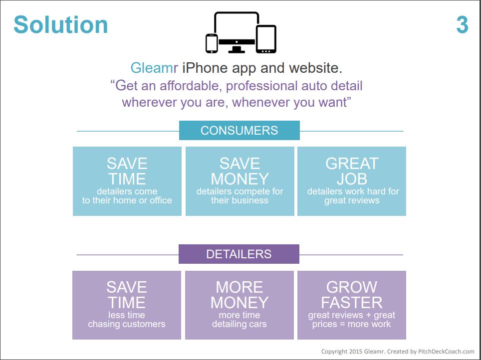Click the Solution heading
pos(61,24)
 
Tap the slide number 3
pos(462,25)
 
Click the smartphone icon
pos(212,43)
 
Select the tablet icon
pos(266,39)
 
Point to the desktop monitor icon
pos(237,32)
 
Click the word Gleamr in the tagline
pos(154,68)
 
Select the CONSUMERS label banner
pos(240,130)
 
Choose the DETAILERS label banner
pos(239,254)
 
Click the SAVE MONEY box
pos(240,181)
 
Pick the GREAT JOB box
pos(352,181)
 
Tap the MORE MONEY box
pos(240,305)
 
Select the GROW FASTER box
pos(352,305)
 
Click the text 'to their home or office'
pos(127,200)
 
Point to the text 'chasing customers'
pos(127,324)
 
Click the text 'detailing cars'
pos(240,324)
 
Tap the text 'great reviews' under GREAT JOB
pos(352,200)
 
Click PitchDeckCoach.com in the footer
pos(446,352)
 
